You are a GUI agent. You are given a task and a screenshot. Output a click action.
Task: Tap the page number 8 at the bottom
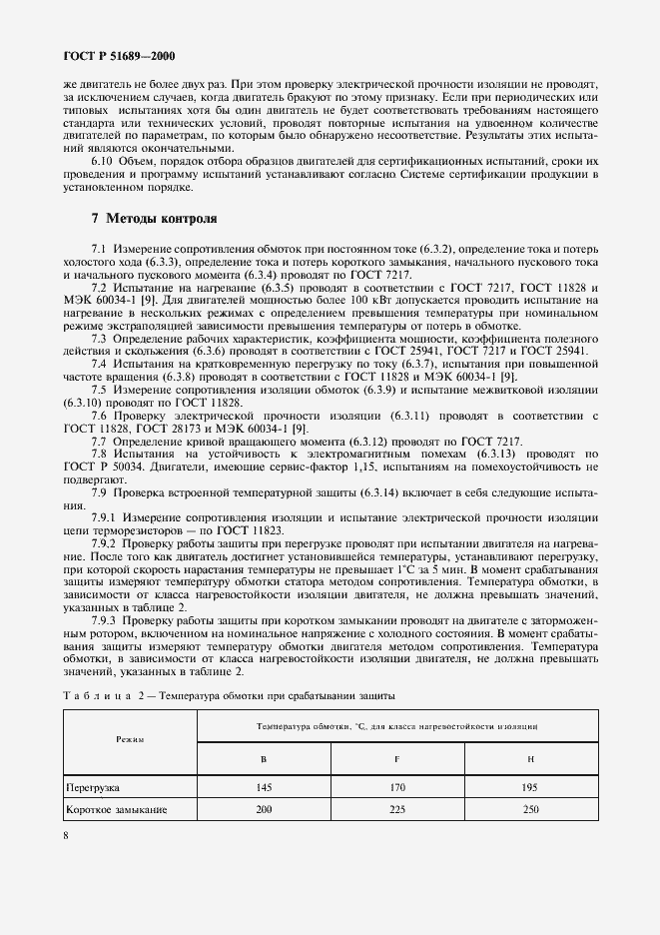(x=66, y=835)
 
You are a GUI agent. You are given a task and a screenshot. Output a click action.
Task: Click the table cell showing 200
(x=264, y=808)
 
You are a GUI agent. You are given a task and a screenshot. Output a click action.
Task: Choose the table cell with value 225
(x=396, y=808)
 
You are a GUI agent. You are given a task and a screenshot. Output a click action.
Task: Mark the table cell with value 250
(x=530, y=808)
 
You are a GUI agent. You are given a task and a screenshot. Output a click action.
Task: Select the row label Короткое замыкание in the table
(x=116, y=808)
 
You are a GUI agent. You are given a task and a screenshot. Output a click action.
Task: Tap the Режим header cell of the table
(x=130, y=739)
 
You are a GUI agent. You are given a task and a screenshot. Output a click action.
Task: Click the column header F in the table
(x=396, y=759)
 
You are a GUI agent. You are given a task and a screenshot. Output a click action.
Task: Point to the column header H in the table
(x=530, y=759)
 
